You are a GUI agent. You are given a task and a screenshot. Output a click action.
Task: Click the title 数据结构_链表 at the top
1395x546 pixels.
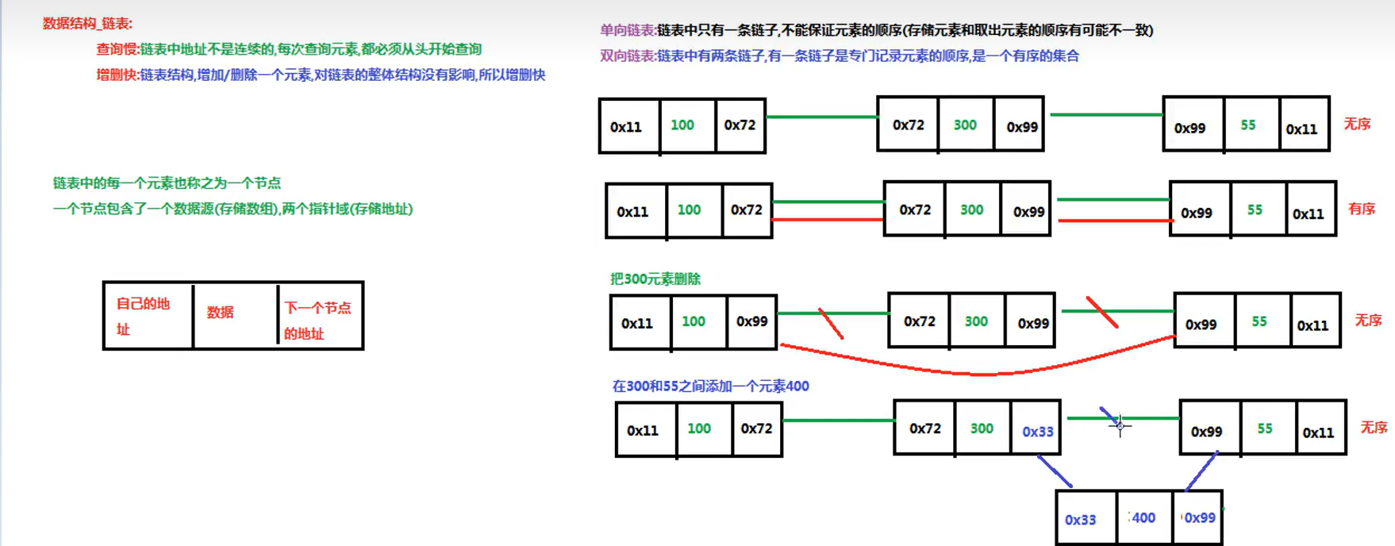[87, 24]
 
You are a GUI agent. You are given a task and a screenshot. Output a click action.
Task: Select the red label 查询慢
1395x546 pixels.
[117, 49]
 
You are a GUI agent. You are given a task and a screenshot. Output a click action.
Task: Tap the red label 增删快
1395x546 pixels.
[117, 75]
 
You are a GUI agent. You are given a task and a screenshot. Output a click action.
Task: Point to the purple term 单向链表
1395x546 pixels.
[627, 30]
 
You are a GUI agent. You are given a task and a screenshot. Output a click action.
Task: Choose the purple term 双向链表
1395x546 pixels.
[627, 56]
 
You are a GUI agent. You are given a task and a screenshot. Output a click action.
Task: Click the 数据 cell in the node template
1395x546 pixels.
[221, 313]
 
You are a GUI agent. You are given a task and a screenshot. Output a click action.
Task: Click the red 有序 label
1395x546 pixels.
[1362, 209]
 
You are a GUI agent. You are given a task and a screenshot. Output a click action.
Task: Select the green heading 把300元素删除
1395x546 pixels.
[655, 279]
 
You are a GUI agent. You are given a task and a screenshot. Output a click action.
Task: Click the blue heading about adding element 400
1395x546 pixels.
[710, 386]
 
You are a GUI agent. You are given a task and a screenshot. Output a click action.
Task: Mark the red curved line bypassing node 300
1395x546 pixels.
[984, 372]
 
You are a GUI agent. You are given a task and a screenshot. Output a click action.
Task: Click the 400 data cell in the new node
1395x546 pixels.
[1143, 517]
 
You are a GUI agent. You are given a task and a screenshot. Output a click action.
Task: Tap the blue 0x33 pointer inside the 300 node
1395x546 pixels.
[1037, 431]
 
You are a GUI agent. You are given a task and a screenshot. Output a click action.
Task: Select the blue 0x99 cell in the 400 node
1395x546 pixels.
[1199, 517]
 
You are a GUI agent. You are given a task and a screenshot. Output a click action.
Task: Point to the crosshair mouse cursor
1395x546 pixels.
[1120, 426]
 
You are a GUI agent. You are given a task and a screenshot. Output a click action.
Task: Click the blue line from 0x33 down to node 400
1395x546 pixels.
[1055, 471]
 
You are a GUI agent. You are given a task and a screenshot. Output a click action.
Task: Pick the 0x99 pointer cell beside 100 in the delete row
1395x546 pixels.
[751, 321]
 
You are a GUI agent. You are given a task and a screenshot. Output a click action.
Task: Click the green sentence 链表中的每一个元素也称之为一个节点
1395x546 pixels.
[167, 183]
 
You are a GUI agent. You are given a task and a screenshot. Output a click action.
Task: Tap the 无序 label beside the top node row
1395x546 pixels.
[1357, 124]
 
